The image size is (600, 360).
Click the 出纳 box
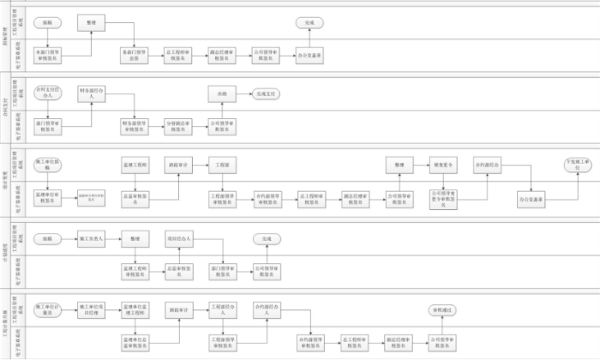pyautogui.click(x=222, y=93)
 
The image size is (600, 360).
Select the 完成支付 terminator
pyautogui.click(x=264, y=93)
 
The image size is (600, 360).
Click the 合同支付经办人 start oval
pyautogui.click(x=48, y=92)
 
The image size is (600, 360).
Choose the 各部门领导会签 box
pyautogui.click(x=134, y=55)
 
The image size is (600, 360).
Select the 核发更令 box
pyautogui.click(x=442, y=164)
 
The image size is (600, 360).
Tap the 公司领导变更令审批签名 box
pyautogui.click(x=442, y=196)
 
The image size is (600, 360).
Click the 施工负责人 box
pyautogui.click(x=92, y=237)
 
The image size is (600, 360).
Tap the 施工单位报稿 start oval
pyautogui.click(x=48, y=164)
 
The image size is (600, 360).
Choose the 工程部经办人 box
pyautogui.click(x=222, y=309)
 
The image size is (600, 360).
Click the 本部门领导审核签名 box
pyautogui.click(x=48, y=55)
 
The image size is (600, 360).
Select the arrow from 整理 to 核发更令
pyautogui.click(x=420, y=164)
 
